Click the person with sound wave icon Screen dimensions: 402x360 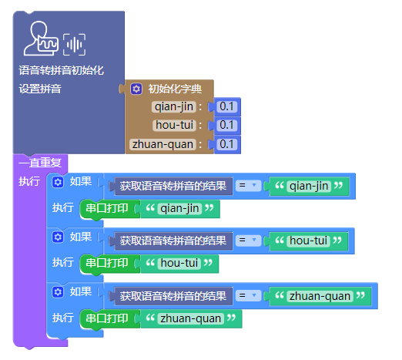coord(41,39)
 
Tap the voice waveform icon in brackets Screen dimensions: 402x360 coord(74,45)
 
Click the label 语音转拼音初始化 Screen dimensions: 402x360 coord(61,70)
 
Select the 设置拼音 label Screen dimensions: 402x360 coord(40,89)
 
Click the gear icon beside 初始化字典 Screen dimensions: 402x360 coord(136,89)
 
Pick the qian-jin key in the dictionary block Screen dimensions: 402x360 coord(174,106)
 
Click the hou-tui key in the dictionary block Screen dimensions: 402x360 coord(174,126)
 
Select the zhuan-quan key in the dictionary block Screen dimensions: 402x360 coord(162,144)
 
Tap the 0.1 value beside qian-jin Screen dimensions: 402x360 coord(226,106)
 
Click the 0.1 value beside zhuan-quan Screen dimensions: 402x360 coord(226,144)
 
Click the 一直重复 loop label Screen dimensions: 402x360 coord(40,163)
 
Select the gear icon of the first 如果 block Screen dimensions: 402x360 coord(58,182)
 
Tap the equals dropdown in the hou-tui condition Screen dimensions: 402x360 coord(248,241)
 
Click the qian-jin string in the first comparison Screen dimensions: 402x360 coord(309,186)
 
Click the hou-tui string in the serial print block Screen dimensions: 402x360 coord(179,264)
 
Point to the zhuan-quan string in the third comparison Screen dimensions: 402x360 coord(320,296)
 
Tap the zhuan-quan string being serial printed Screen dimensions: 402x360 coord(191,318)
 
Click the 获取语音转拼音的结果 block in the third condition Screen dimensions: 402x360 coord(173,296)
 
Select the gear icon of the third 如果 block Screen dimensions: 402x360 coord(58,292)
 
